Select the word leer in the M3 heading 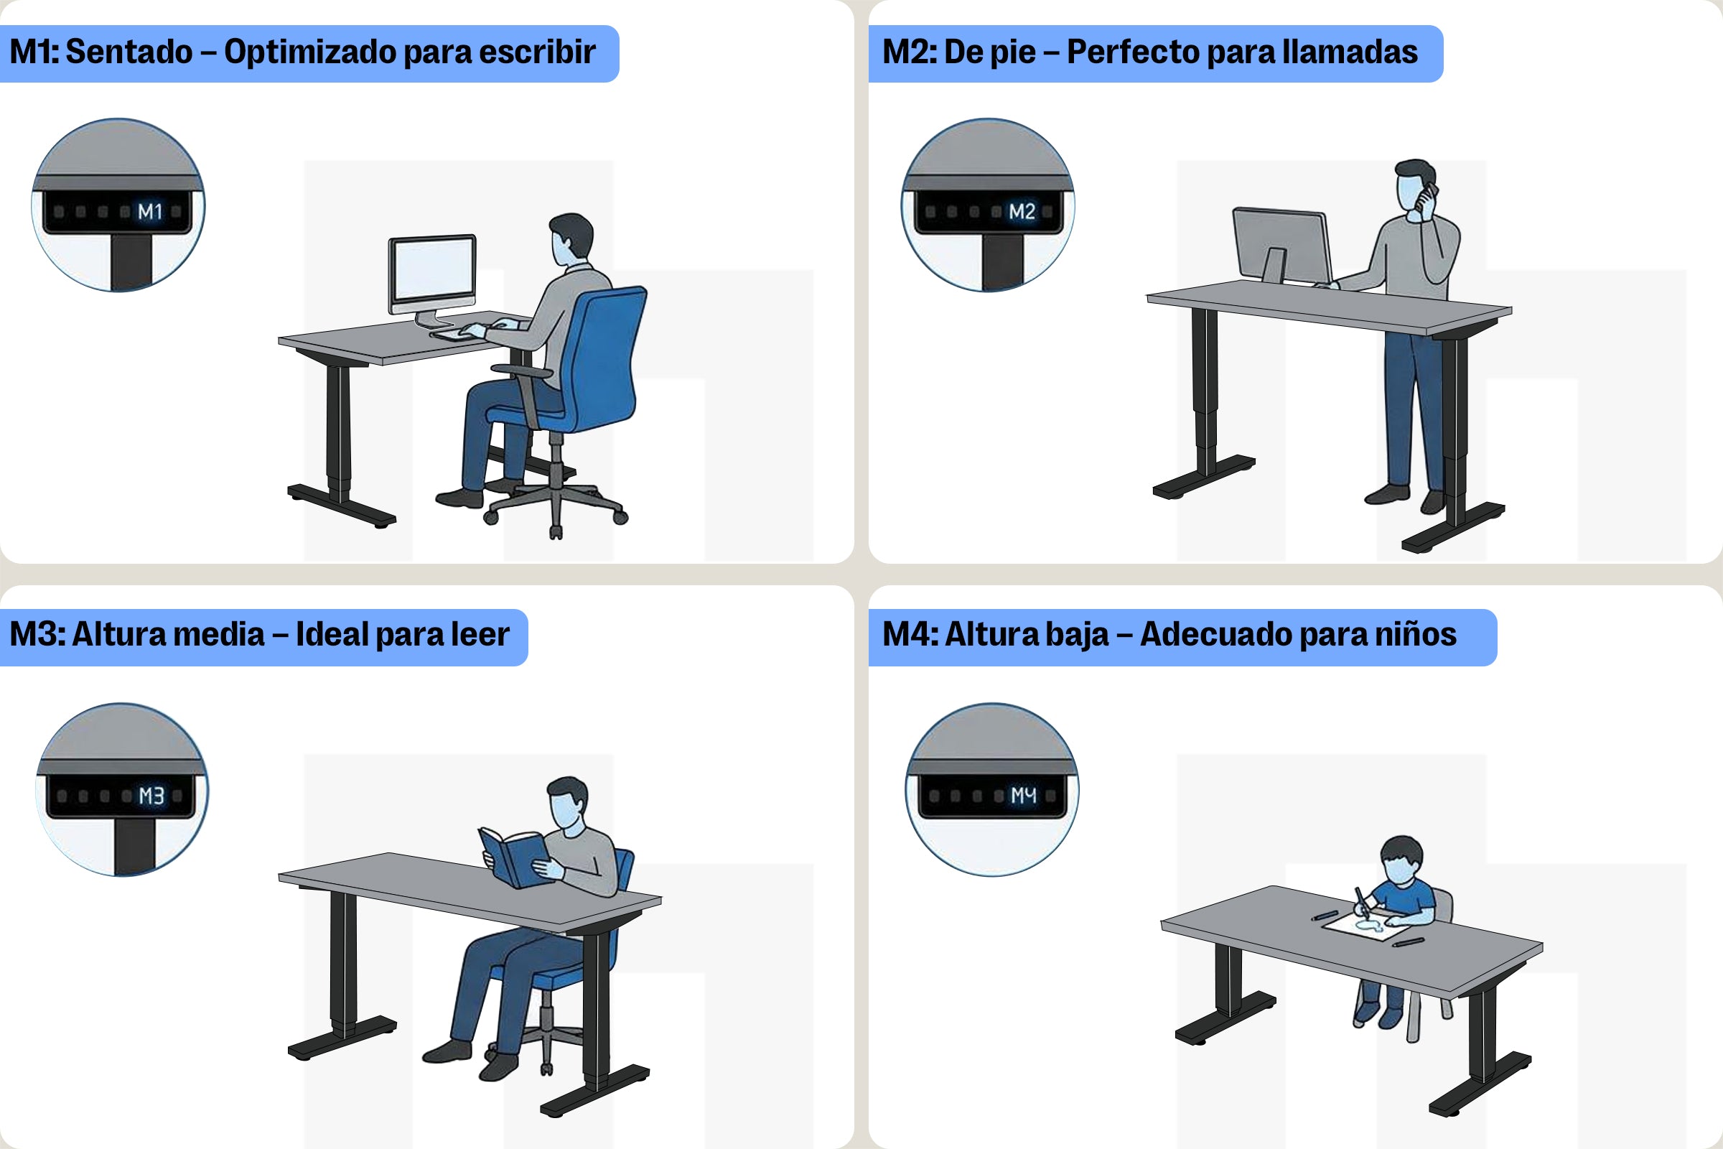(x=480, y=635)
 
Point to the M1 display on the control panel (x=150, y=212)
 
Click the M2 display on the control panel (x=1021, y=212)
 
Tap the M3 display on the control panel (x=151, y=796)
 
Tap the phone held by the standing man (x=1427, y=198)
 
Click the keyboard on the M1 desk (x=457, y=334)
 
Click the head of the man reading (x=567, y=803)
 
